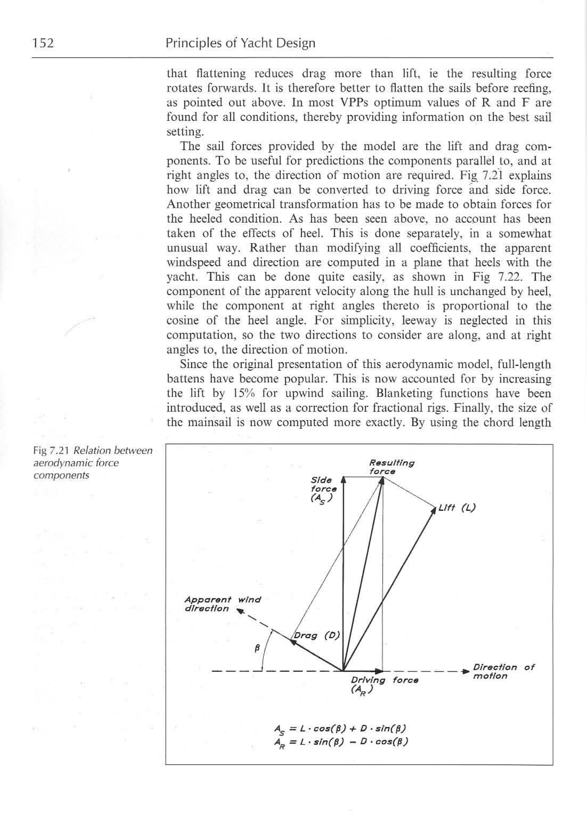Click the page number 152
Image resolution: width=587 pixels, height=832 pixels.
pyautogui.click(x=43, y=43)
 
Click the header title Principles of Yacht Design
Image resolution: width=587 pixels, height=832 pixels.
pyautogui.click(x=240, y=43)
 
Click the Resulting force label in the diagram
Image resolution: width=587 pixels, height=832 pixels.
pyautogui.click(x=391, y=467)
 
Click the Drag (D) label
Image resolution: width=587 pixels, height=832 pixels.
pyautogui.click(x=316, y=635)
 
